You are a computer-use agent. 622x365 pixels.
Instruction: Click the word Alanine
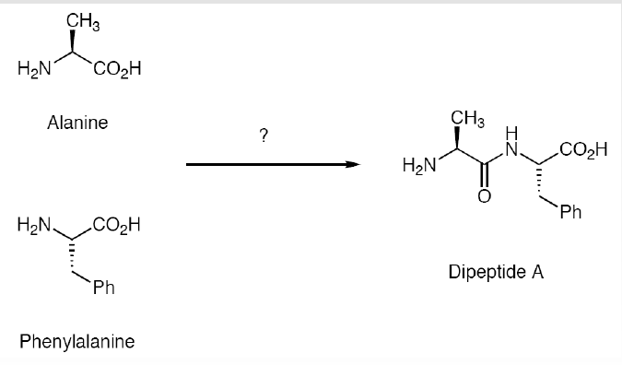pyautogui.click(x=77, y=122)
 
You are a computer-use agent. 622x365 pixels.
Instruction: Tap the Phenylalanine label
pyautogui.click(x=77, y=341)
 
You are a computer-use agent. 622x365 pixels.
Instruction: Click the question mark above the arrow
pyautogui.click(x=264, y=136)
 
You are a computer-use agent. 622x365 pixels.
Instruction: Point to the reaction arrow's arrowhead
pyautogui.click(x=350, y=165)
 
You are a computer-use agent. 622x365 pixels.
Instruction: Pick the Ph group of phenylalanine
pyautogui.click(x=103, y=290)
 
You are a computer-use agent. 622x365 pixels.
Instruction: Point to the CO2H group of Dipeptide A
pyautogui.click(x=583, y=149)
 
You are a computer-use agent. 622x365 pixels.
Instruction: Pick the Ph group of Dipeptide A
pyautogui.click(x=570, y=214)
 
